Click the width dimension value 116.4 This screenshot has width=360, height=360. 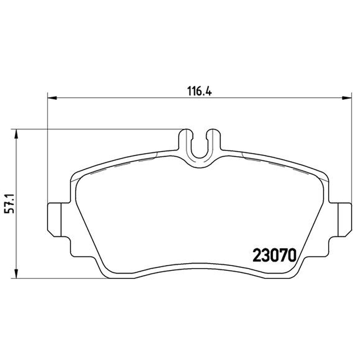[199, 91]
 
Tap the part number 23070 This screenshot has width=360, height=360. [274, 255]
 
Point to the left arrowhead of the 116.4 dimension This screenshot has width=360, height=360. [52, 98]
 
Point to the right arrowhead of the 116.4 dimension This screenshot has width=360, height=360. [346, 98]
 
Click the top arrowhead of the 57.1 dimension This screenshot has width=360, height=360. [16, 134]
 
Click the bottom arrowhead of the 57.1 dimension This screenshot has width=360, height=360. [16, 274]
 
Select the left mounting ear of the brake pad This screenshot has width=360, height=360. [54, 220]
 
